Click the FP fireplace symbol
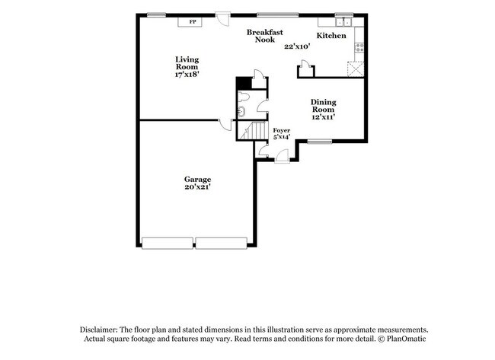[190, 22]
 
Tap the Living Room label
[187, 63]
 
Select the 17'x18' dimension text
[187, 75]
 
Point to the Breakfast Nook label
[265, 36]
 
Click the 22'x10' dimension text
[297, 46]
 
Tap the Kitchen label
[331, 35]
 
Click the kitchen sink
[343, 22]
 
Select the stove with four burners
[359, 48]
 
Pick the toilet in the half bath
[244, 97]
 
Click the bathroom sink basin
[241, 111]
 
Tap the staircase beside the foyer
[251, 130]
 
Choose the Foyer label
[281, 130]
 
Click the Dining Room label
[323, 106]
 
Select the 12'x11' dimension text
[323, 117]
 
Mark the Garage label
[198, 179]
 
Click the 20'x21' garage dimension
[198, 186]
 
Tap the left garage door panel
[168, 244]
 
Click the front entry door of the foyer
[282, 157]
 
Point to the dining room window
[320, 142]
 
